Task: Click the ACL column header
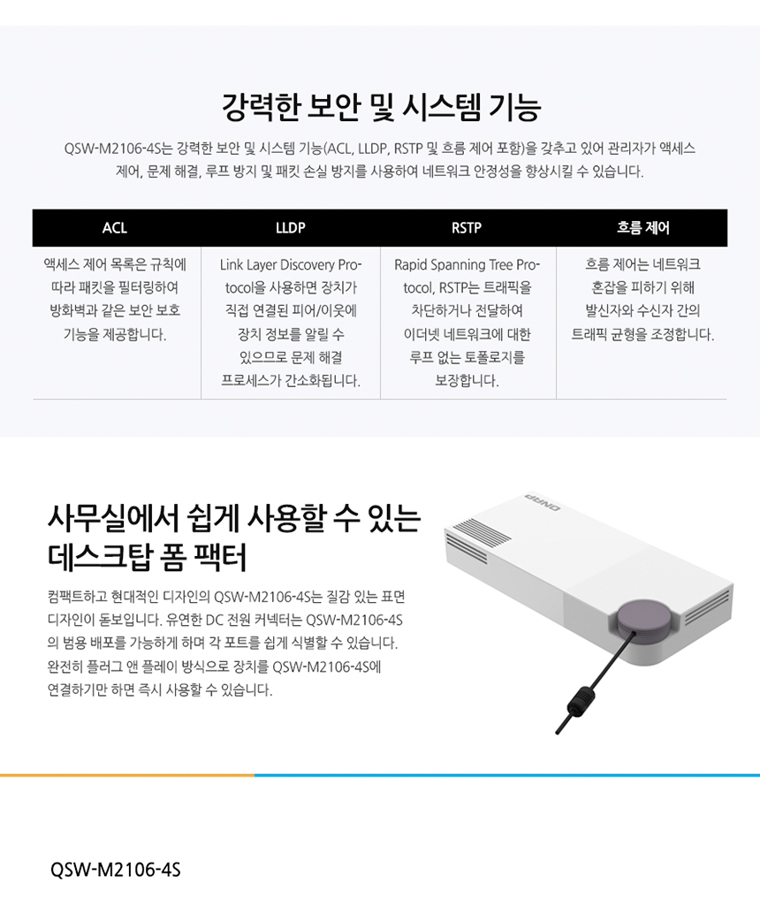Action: click(x=115, y=227)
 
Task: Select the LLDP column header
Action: click(x=291, y=227)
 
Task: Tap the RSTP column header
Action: click(x=467, y=227)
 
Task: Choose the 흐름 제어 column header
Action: click(x=642, y=227)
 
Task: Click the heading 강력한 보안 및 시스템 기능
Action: click(x=381, y=107)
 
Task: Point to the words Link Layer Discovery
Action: click(x=277, y=265)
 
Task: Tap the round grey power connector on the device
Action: click(x=643, y=621)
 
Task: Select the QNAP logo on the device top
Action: click(x=543, y=503)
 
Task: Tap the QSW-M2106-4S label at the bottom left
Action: click(x=115, y=870)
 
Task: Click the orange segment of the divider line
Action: click(x=127, y=775)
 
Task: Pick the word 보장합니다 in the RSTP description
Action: click(x=467, y=381)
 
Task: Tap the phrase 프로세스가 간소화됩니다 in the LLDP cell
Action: click(x=291, y=381)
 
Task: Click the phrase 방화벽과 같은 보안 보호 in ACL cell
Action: click(x=115, y=311)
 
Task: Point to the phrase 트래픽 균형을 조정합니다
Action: click(x=642, y=334)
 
